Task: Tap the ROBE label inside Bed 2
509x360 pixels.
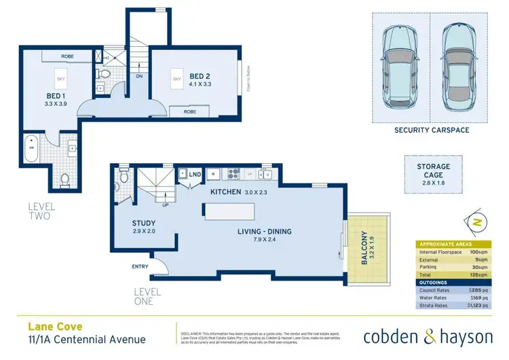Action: pyautogui.click(x=189, y=111)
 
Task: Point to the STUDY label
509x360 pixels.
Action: pyautogui.click(x=144, y=223)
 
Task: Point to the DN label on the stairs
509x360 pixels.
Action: pyautogui.click(x=140, y=77)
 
